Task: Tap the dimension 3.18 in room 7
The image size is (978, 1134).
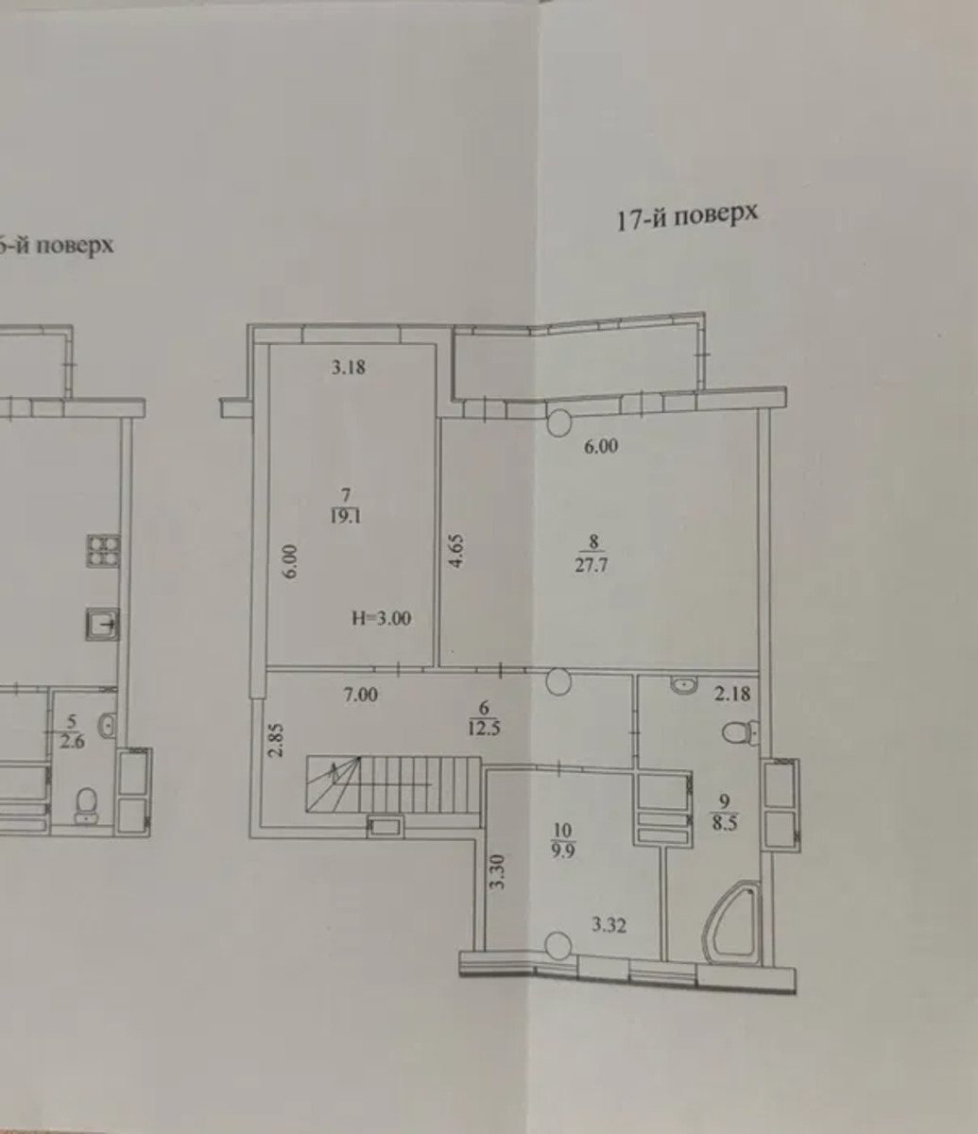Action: [349, 367]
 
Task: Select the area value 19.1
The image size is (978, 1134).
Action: [346, 516]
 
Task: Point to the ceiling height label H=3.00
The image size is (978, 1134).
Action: [381, 618]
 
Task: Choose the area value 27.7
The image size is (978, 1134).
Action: [591, 565]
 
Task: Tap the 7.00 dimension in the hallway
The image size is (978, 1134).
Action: [360, 696]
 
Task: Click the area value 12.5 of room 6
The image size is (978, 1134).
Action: [484, 729]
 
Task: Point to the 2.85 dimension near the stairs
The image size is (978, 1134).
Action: [278, 740]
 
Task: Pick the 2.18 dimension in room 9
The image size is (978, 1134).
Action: [732, 694]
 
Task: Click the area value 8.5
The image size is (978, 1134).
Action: [724, 823]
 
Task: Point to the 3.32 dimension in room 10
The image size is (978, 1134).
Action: [609, 925]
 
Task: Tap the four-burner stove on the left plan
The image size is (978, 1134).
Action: [103, 551]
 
